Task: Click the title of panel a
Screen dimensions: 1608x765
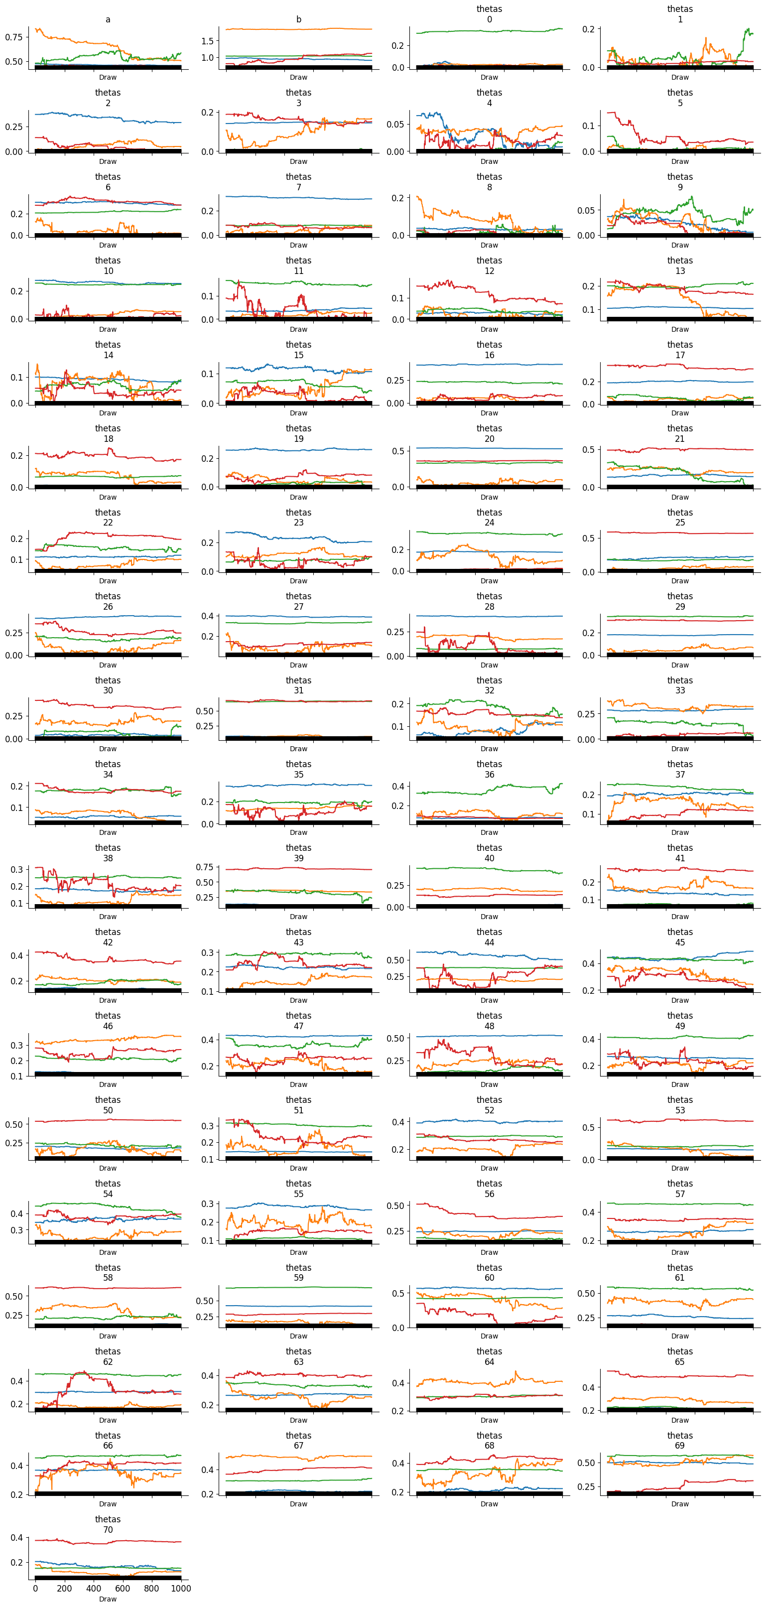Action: tap(108, 19)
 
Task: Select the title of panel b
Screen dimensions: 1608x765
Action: tap(299, 19)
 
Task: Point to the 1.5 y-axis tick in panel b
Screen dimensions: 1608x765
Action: tap(207, 41)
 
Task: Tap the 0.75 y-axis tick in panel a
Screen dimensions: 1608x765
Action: tap(14, 37)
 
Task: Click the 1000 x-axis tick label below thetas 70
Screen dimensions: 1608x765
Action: tap(181, 1588)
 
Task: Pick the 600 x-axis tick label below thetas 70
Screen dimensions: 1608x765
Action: tap(123, 1588)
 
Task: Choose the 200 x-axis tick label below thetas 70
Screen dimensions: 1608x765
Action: tap(64, 1588)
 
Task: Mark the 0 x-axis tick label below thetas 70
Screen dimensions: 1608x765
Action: tap(35, 1588)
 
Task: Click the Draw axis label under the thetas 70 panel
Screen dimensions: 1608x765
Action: tap(108, 1599)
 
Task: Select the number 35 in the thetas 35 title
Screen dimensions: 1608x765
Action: tap(299, 775)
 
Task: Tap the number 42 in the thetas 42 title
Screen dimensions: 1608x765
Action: tap(108, 942)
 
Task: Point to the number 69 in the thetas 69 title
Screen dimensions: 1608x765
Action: tap(680, 1446)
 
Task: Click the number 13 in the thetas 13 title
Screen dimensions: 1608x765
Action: tap(680, 271)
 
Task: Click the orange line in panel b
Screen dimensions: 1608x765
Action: tap(299, 29)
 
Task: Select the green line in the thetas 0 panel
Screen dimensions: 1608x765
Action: tap(489, 31)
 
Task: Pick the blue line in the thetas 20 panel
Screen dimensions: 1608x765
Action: tap(489, 448)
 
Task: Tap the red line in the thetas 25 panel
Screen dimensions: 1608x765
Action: tap(680, 533)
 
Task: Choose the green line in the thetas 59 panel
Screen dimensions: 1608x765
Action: tap(299, 1288)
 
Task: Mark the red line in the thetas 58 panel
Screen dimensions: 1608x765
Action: tap(108, 1288)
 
